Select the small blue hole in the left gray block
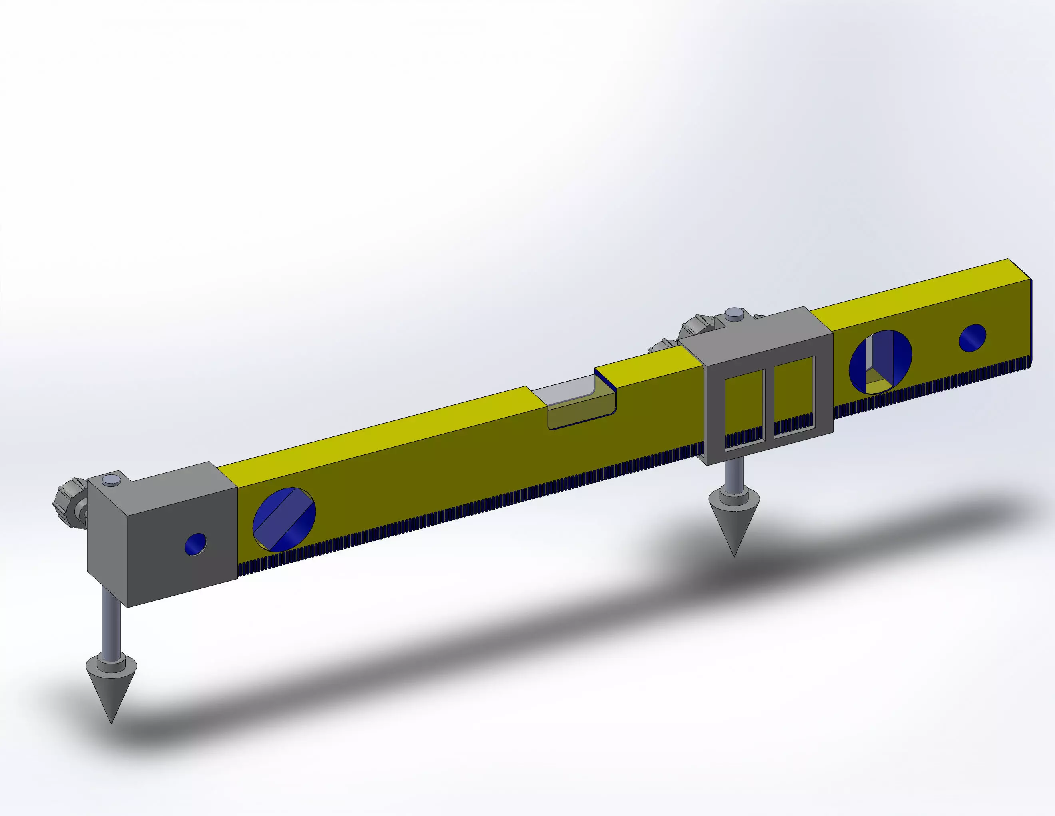196,544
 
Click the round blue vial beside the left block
284,520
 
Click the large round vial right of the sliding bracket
880,362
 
